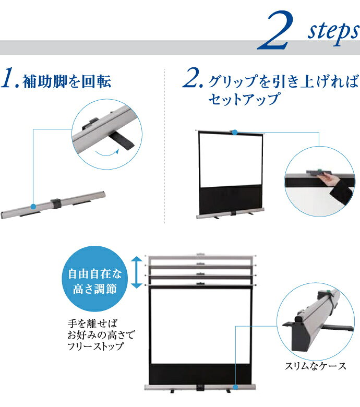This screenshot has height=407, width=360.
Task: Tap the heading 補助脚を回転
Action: click(67, 81)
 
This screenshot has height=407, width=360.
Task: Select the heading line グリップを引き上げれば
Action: click(283, 81)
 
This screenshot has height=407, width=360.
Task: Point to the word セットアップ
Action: click(244, 99)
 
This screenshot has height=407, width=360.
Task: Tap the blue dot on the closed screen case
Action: click(33, 207)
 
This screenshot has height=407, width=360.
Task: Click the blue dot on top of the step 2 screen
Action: click(235, 133)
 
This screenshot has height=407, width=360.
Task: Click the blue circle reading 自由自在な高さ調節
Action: click(95, 279)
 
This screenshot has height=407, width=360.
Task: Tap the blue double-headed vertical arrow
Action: click(137, 272)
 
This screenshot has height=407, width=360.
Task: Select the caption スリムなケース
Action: click(315, 366)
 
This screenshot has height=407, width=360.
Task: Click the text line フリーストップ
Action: click(95, 346)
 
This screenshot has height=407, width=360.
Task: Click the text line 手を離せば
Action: click(92, 324)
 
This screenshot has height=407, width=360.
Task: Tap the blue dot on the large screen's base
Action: click(235, 387)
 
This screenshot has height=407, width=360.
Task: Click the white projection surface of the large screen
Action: click(200, 326)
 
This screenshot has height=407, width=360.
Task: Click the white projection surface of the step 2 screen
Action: click(230, 160)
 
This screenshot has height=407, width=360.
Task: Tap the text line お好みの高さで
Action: click(101, 335)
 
